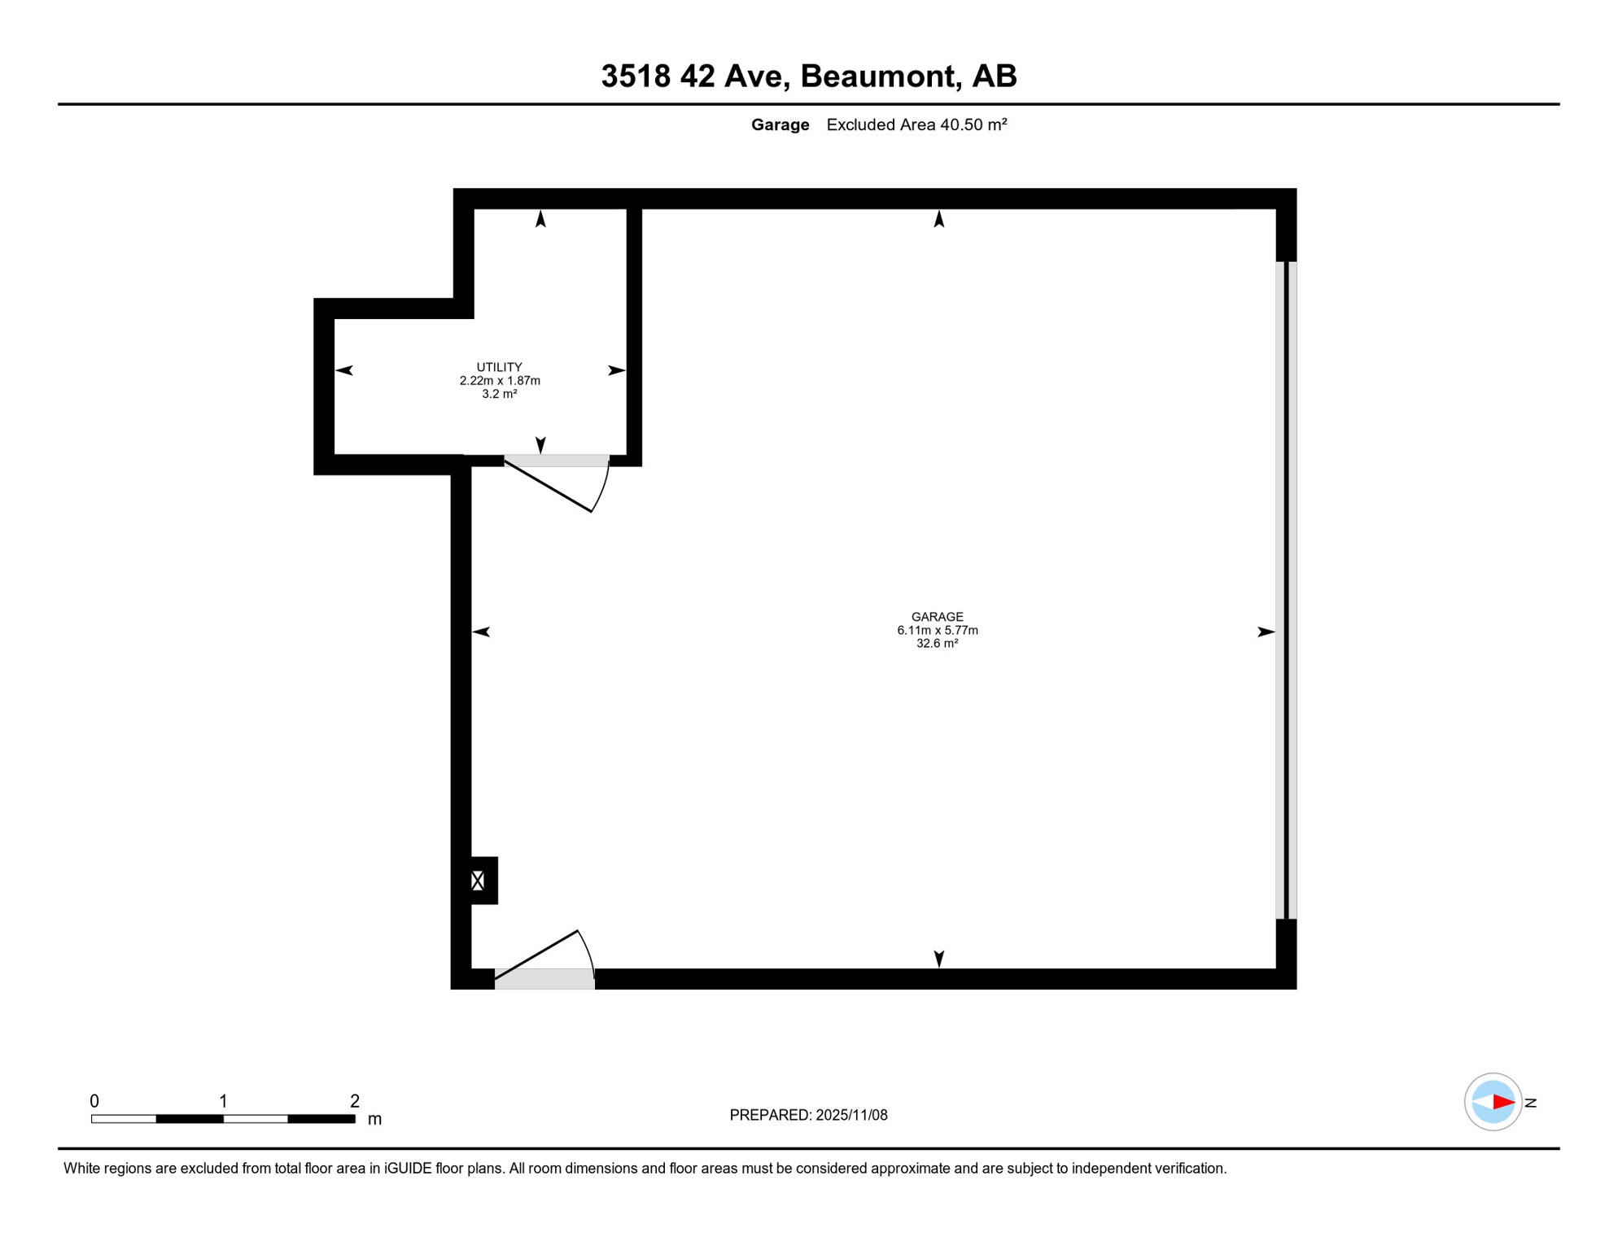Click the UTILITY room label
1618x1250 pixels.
click(499, 367)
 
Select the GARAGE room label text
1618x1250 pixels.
click(937, 617)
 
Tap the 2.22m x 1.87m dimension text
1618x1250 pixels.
click(499, 380)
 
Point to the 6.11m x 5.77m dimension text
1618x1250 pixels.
click(937, 630)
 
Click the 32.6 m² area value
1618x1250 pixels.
click(937, 643)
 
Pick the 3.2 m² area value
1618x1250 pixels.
click(499, 394)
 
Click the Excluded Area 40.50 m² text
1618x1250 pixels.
click(916, 125)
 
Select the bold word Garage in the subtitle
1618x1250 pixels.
click(780, 125)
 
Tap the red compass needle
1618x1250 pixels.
click(1502, 1102)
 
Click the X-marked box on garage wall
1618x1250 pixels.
click(478, 880)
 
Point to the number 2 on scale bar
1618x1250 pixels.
click(355, 1101)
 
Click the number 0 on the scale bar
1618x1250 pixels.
click(94, 1101)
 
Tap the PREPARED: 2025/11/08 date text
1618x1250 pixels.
click(808, 1115)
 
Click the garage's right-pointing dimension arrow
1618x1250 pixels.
click(1266, 632)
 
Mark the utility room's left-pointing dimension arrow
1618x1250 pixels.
click(344, 370)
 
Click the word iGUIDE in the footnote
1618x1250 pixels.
click(407, 1169)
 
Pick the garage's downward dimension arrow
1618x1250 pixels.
click(938, 958)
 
